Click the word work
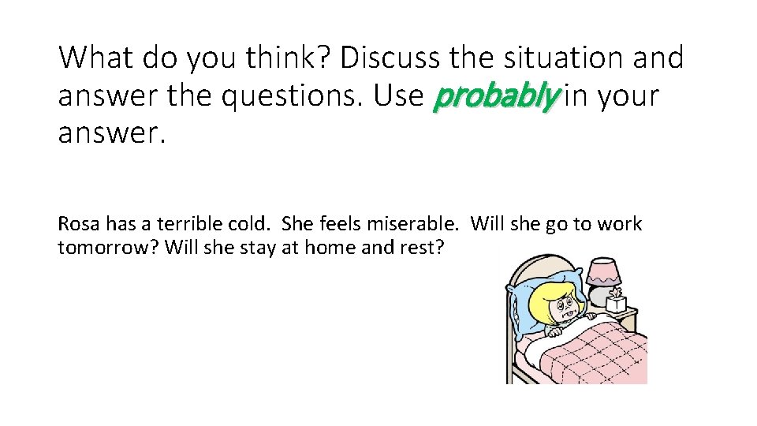tap(619, 224)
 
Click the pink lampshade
tap(602, 272)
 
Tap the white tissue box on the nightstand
tap(615, 303)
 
